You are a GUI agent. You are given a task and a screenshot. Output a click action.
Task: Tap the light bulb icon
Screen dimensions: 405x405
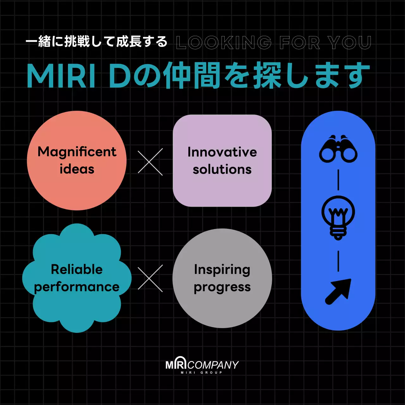point(338,218)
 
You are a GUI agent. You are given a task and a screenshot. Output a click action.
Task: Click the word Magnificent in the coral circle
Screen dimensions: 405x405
point(77,152)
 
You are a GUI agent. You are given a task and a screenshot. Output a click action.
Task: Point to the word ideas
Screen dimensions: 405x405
point(77,169)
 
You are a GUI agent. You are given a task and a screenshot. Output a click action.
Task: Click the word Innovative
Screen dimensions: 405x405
point(222,152)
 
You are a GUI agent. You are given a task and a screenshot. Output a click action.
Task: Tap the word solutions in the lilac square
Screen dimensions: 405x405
point(222,169)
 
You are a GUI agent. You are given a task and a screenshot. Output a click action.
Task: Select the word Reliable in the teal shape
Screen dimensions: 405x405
point(77,269)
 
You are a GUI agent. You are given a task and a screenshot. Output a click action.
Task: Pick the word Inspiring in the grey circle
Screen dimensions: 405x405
point(222,270)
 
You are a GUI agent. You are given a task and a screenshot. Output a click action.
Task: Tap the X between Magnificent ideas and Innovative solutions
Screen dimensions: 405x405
point(150,162)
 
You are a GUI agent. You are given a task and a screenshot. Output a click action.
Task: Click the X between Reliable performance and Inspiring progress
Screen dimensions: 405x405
point(150,278)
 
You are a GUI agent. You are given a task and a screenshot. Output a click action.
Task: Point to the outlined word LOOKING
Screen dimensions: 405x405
point(224,42)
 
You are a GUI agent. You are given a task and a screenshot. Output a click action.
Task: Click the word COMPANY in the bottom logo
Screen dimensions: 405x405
point(213,365)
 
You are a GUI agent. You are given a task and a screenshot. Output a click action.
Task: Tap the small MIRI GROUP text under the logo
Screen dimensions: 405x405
point(202,372)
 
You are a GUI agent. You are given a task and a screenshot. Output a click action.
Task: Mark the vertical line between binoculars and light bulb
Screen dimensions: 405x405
point(338,180)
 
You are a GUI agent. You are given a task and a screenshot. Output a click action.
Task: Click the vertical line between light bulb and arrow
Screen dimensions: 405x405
point(338,261)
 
